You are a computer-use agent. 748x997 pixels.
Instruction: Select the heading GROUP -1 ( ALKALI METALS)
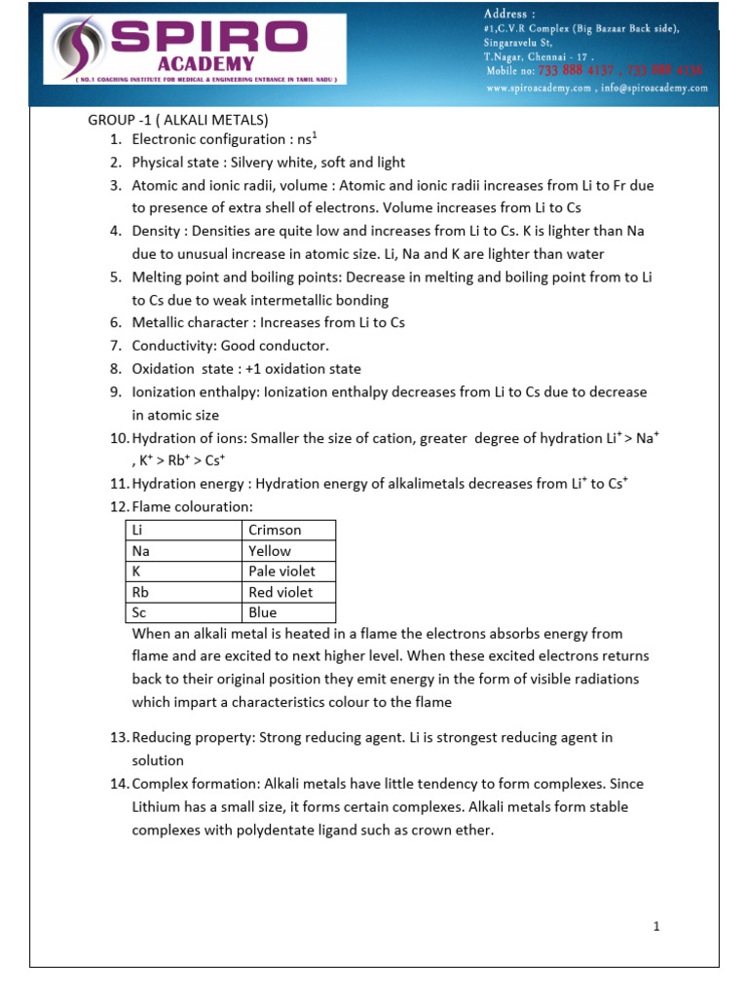pos(177,121)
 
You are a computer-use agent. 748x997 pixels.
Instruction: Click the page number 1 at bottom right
pos(657,926)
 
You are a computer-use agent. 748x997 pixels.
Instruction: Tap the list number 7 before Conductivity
pos(115,346)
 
